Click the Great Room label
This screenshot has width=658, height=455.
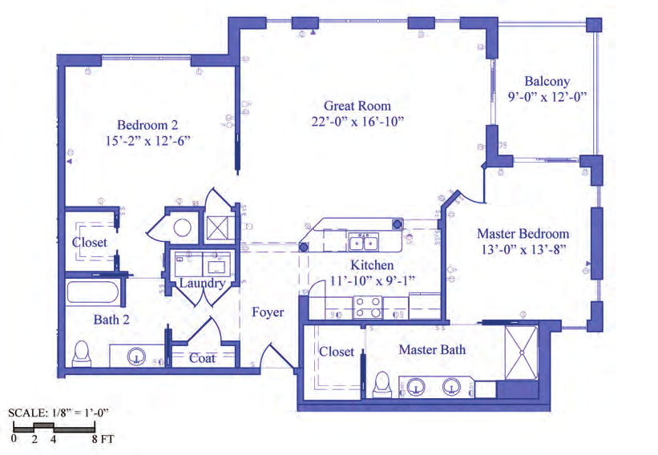pos(357,106)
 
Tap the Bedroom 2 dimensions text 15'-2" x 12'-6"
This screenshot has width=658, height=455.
pos(147,140)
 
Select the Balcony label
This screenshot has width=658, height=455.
pos(547,81)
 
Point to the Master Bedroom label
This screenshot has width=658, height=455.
pos(523,234)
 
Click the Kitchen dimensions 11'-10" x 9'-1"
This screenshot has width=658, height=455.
pos(372,280)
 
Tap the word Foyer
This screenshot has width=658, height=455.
pos(268,312)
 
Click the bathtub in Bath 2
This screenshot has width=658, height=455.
pos(92,292)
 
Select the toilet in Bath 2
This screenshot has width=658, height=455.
pos(82,353)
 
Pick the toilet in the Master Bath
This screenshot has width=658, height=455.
pos(381,385)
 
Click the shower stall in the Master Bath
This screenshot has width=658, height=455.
pos(521,352)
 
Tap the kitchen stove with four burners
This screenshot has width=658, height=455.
pos(368,307)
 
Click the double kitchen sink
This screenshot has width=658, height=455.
pos(363,242)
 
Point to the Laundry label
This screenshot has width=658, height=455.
pos(202,283)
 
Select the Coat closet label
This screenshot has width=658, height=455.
pos(202,358)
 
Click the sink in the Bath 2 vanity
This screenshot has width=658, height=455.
pos(136,356)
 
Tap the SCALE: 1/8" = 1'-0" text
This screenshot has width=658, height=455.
pos(58,413)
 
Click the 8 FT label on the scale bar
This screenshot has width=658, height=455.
pos(103,439)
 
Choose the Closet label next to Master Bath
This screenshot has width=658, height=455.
pos(337,352)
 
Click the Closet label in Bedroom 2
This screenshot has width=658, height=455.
pos(90,243)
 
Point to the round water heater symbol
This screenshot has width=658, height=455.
pos(183,228)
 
